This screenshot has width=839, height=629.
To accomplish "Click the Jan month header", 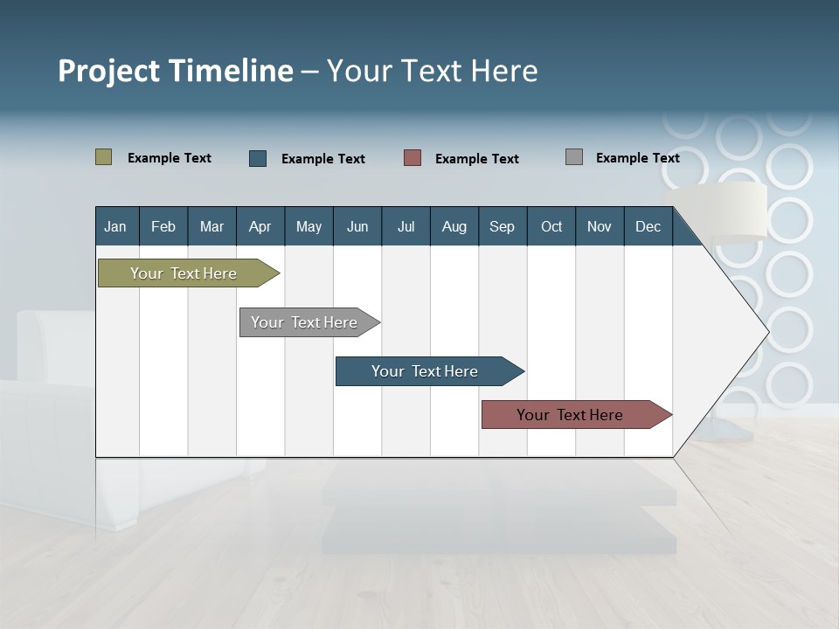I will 116,226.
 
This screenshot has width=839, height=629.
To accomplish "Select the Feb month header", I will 163,226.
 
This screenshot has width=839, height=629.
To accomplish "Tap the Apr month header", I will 260,226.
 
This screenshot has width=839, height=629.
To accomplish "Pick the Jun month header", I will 357,226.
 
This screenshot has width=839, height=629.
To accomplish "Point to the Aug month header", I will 454,226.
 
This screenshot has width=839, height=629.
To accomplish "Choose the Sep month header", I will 503,226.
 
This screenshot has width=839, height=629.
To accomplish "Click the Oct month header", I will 551,226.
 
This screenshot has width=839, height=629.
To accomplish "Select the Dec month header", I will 648,226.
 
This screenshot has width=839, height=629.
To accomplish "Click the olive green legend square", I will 104,157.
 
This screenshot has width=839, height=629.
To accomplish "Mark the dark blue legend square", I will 258,158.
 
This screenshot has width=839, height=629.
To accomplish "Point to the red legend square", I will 413,158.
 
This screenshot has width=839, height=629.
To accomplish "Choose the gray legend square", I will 574,157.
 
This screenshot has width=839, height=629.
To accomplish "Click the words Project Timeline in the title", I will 176,71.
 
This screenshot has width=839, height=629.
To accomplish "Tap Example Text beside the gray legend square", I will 637,158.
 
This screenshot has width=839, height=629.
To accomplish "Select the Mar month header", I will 211,226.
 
